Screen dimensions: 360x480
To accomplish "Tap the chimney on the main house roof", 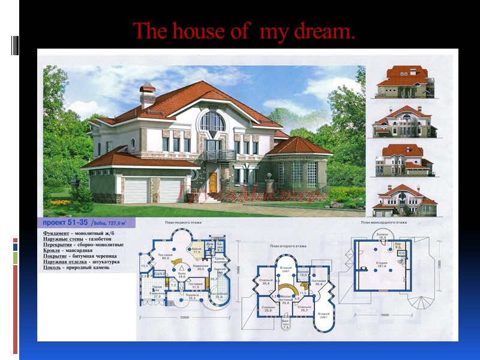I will [x=147, y=97].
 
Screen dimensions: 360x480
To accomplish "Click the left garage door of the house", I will [x=136, y=191].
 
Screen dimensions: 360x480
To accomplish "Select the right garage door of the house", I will [x=170, y=191].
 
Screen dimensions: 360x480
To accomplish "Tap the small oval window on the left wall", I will [x=133, y=144].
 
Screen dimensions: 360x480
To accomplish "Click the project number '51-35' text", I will [x=78, y=223].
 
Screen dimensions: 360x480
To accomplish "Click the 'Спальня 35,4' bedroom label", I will [x=266, y=281].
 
